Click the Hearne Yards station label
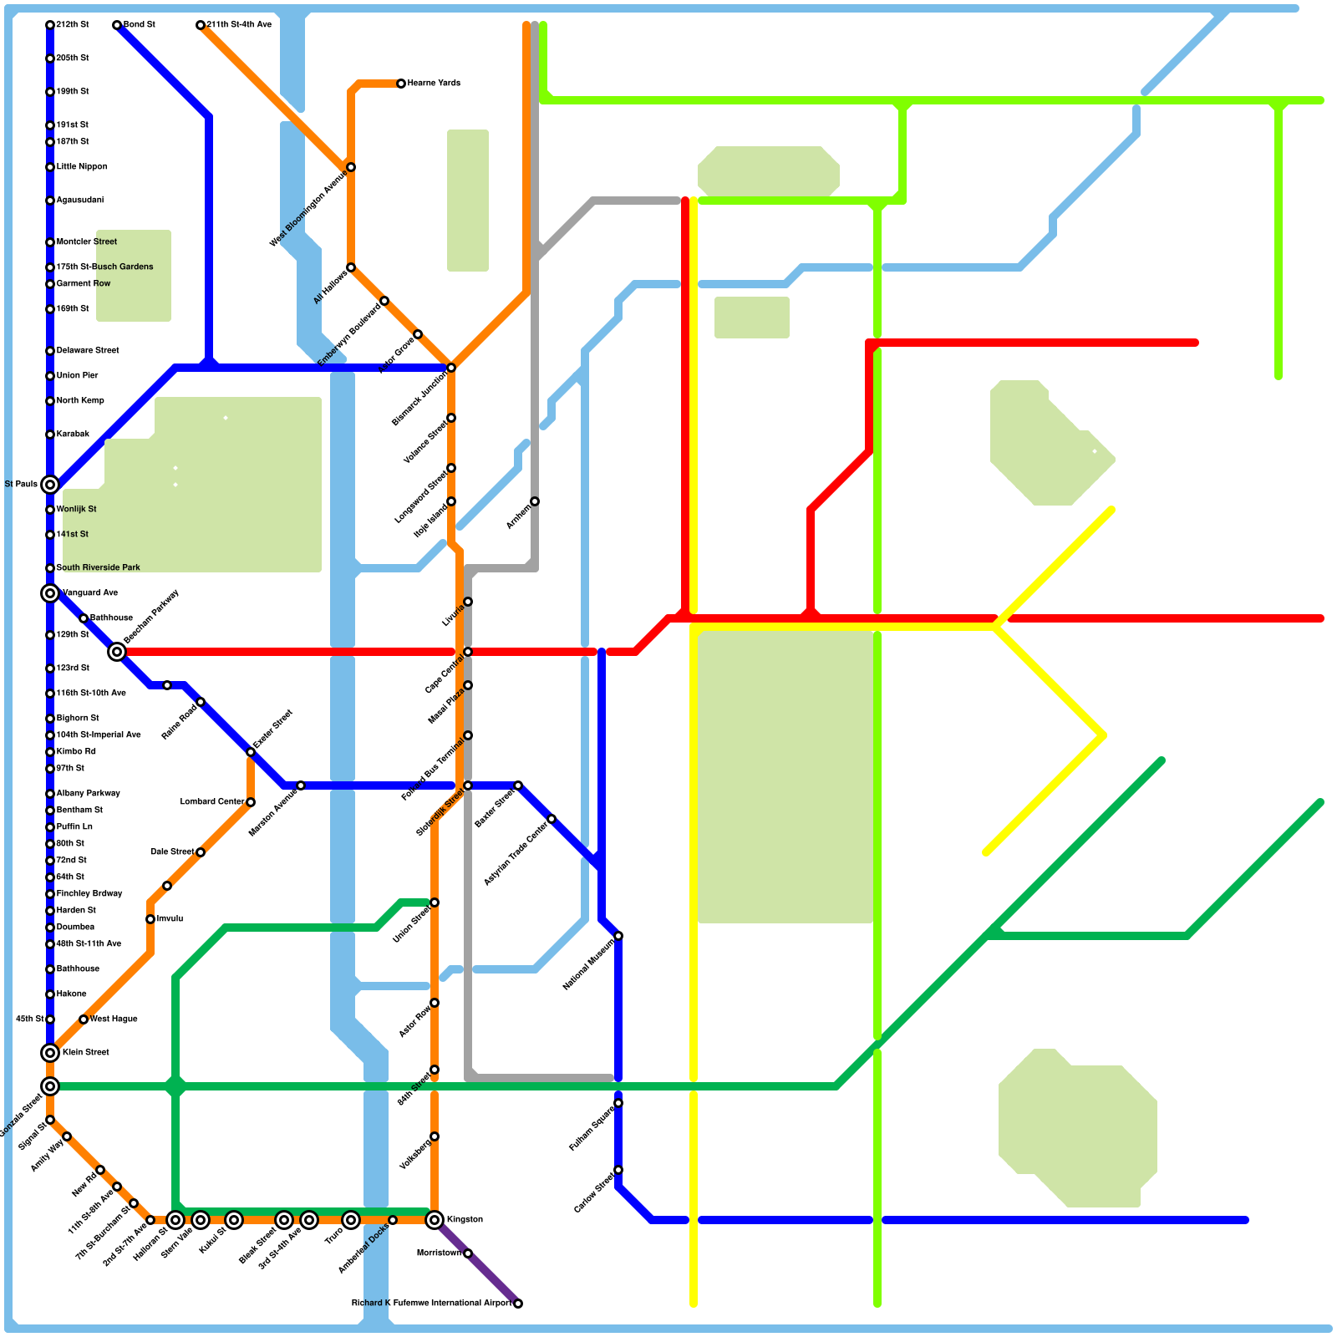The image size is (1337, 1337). (434, 84)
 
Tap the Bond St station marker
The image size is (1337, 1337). (117, 25)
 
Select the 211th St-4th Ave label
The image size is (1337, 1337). (239, 25)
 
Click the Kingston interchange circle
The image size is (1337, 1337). (435, 1220)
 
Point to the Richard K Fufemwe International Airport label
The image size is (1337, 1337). (431, 1304)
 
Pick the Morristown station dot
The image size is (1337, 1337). (468, 1253)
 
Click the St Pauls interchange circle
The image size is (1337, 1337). (50, 485)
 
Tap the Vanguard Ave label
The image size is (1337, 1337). (90, 593)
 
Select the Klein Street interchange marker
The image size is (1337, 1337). (50, 1053)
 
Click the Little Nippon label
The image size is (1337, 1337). (82, 167)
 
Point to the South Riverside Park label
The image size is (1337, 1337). (98, 568)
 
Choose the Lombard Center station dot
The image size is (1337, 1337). (251, 802)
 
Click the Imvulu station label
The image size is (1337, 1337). (170, 919)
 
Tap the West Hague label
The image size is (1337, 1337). (114, 1019)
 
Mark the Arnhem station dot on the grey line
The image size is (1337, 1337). (535, 501)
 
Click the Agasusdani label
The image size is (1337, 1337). (80, 201)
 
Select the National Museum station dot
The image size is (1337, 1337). (618, 936)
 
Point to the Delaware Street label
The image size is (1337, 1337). (88, 351)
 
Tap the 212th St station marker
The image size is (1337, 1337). (50, 25)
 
